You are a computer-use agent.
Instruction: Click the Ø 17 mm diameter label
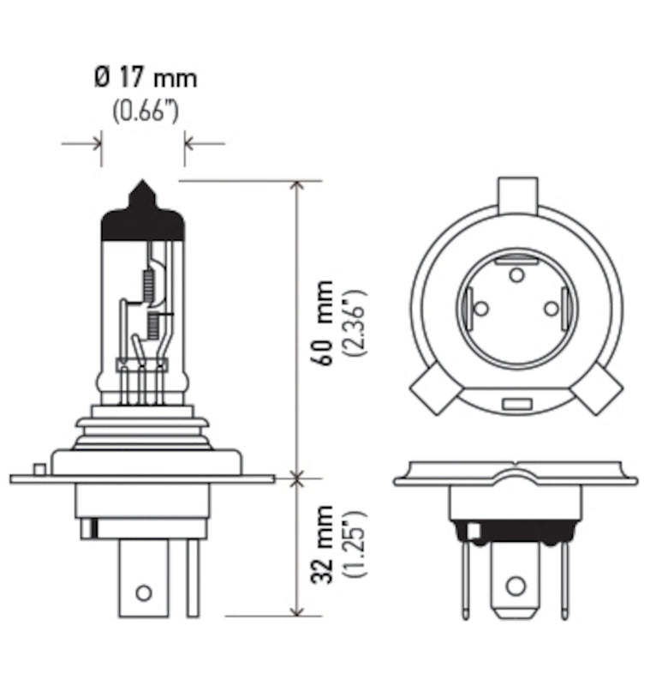coord(145,78)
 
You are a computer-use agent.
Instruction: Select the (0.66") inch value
coord(145,111)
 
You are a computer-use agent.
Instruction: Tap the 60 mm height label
coord(325,322)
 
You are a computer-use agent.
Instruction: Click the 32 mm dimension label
coord(325,546)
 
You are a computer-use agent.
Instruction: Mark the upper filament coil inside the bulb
coord(146,282)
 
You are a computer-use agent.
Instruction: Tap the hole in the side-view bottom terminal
coord(144,593)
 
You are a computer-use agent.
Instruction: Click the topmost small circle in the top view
coord(516,274)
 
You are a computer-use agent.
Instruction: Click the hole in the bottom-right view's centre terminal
coord(515,586)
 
